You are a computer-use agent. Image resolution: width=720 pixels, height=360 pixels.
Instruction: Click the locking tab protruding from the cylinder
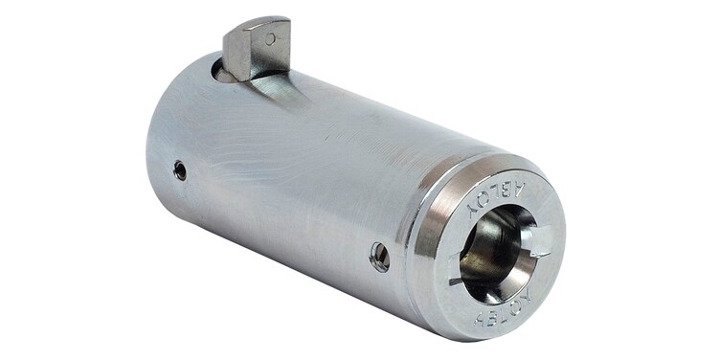[257, 48]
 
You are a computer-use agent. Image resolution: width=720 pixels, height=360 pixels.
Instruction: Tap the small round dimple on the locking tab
[271, 38]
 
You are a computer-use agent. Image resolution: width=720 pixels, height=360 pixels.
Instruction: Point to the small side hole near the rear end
[180, 170]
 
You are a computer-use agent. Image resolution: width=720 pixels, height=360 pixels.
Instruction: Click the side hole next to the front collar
[379, 257]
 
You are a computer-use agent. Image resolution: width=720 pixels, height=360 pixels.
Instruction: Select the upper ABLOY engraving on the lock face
[496, 198]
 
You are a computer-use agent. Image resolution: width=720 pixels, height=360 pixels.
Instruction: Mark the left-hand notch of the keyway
[455, 269]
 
